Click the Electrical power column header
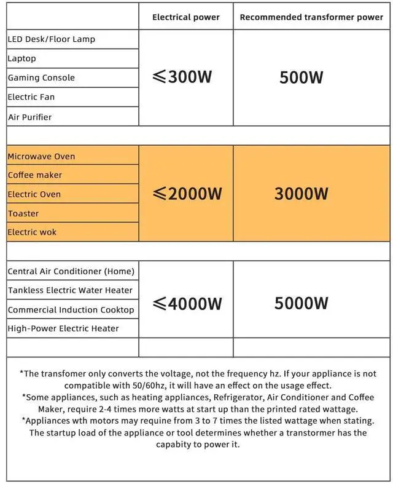pos(185,17)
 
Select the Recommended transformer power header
pos(311,17)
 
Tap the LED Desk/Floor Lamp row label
pos(52,39)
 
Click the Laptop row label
pos(22,58)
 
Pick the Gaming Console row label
pos(41,77)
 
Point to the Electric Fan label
pos(31,97)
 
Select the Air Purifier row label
pos(30,117)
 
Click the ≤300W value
pos(182,77)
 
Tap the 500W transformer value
pos(302,78)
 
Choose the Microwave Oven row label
pos(41,156)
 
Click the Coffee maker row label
pos(35,175)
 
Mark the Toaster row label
pos(23,213)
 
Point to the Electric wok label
pos(33,232)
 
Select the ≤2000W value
pos(187,194)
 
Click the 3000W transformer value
pos(302,194)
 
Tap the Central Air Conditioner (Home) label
pos(71,271)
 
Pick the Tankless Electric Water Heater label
pos(70,290)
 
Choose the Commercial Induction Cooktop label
pos(71,310)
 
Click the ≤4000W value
pos(187,304)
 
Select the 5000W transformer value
pos(302,303)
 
